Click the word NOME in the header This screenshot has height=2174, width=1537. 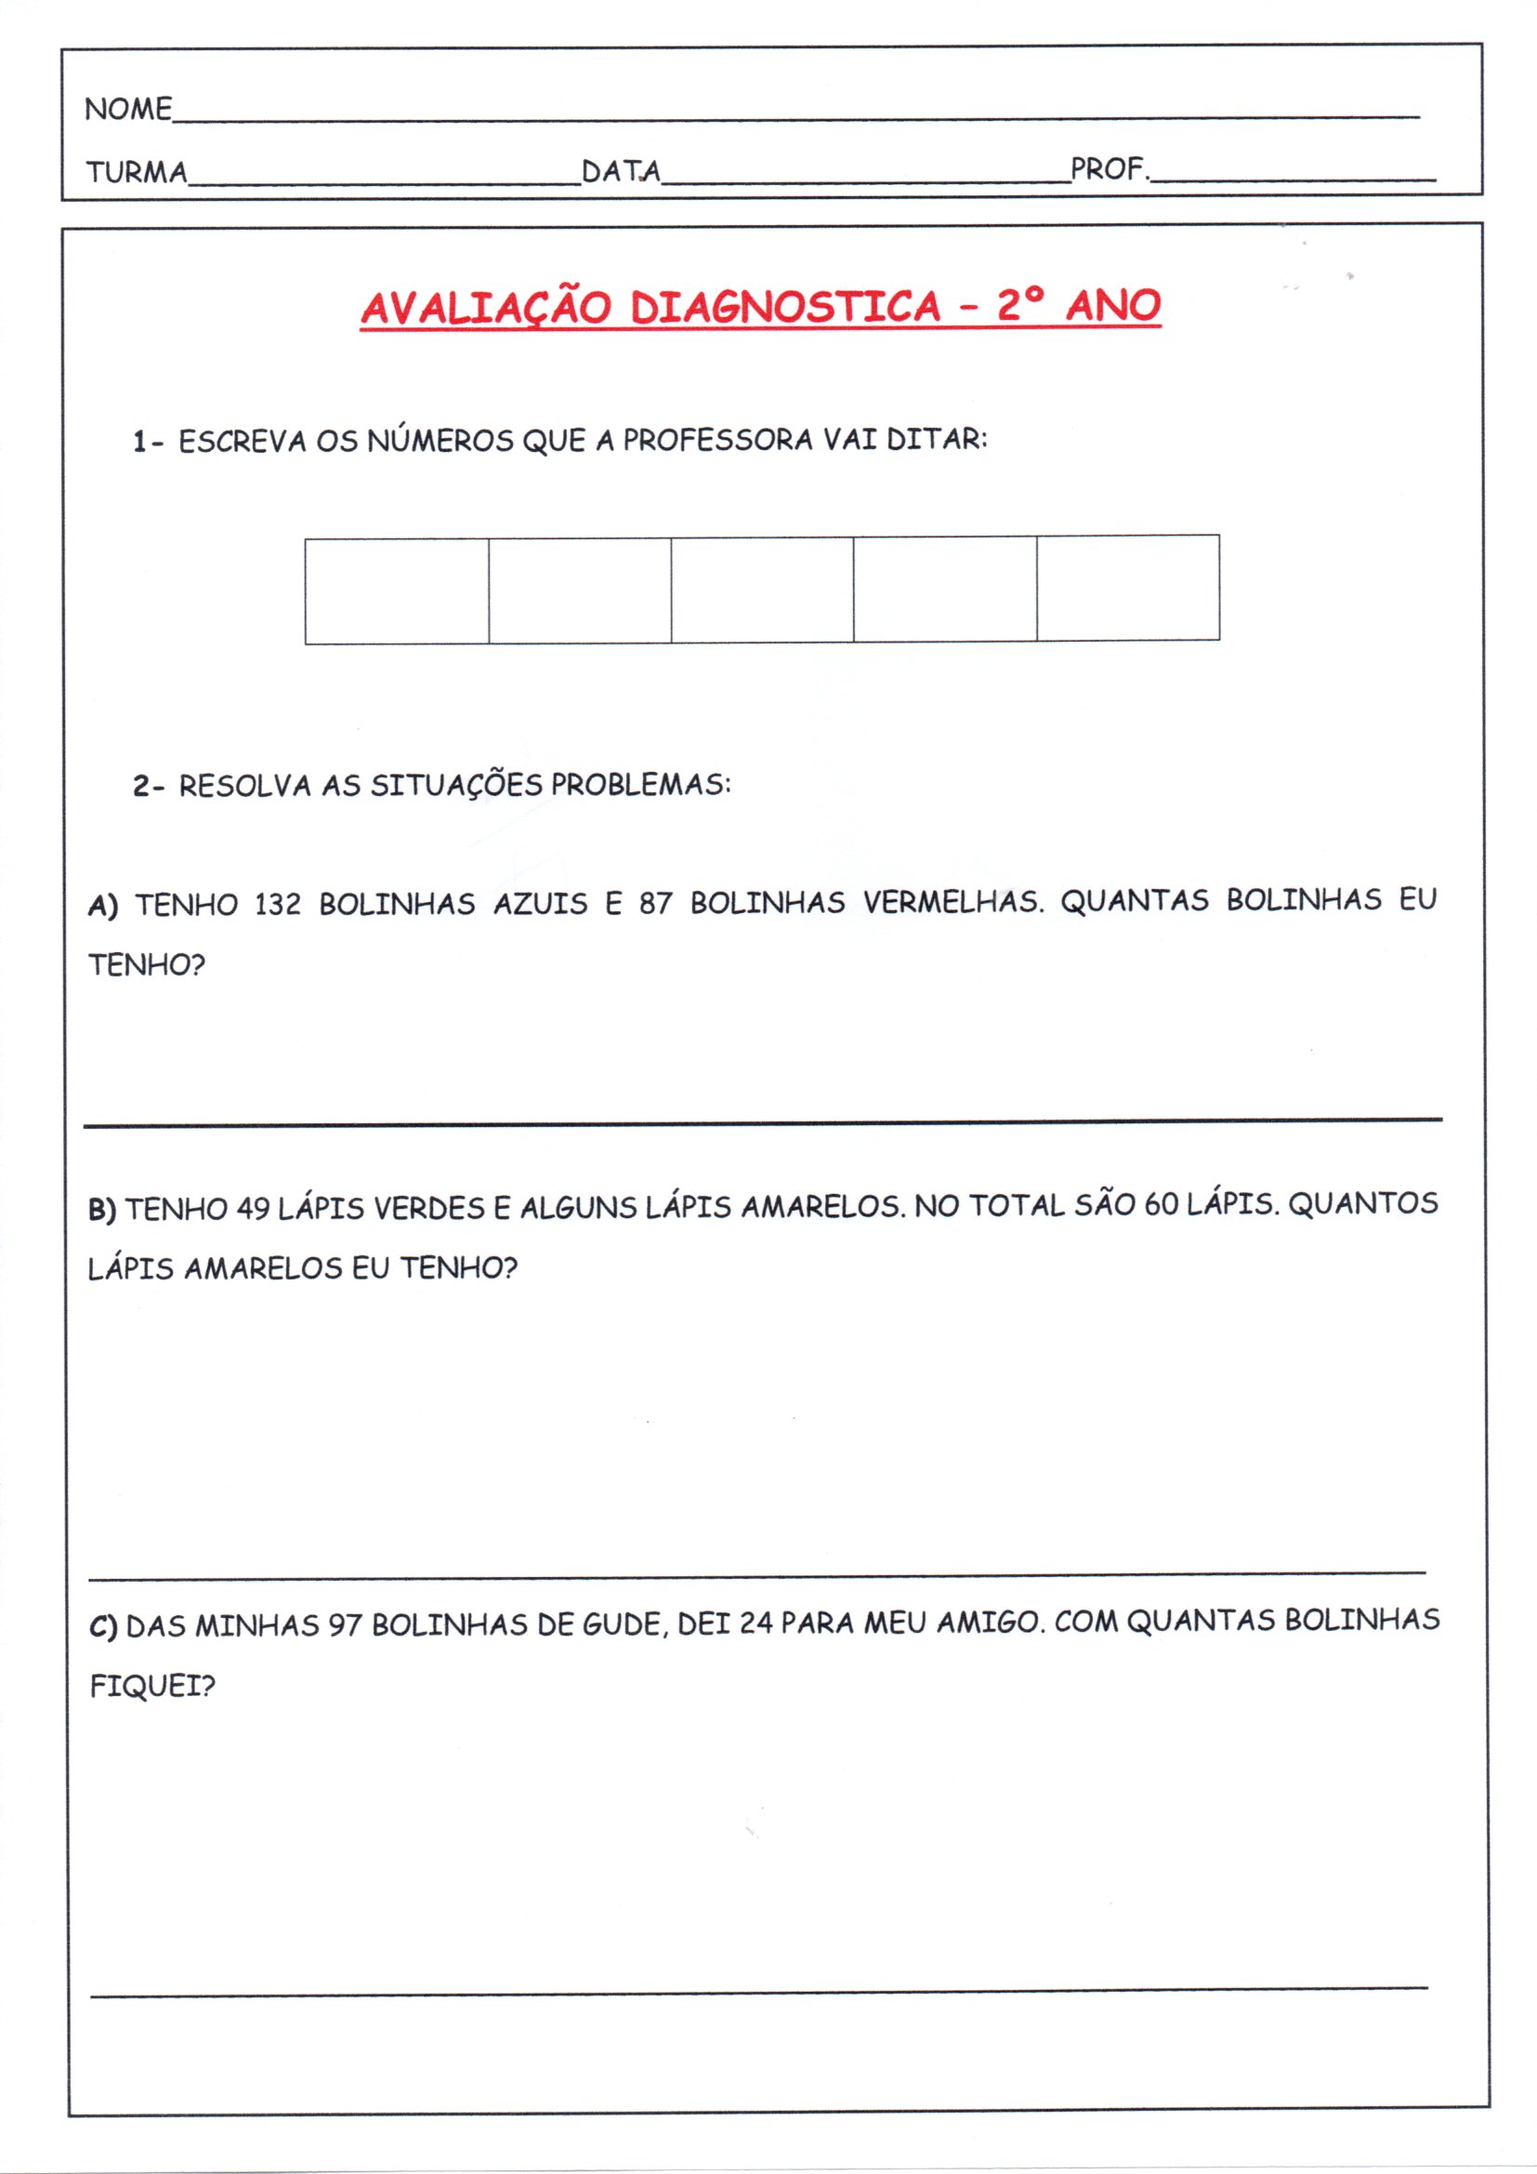click(127, 109)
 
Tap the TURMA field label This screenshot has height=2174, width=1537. click(137, 172)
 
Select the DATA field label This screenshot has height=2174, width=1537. click(621, 170)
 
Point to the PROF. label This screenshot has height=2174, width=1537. click(1109, 169)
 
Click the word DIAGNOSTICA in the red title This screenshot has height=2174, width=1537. click(785, 307)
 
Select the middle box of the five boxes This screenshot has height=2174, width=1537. click(762, 589)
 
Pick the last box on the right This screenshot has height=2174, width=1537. click(1127, 588)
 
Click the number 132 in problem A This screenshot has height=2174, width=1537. click(277, 904)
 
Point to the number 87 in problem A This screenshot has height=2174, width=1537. click(655, 903)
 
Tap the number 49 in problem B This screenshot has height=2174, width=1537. click(253, 1208)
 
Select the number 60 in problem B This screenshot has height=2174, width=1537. click(1161, 1204)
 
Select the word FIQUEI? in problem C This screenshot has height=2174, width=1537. click(151, 1686)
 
